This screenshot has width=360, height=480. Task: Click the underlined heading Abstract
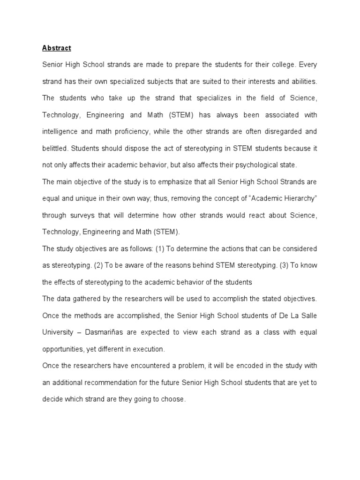(57, 48)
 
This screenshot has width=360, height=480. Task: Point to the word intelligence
(61, 132)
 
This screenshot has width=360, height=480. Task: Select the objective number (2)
(98, 265)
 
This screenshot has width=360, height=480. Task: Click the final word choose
(174, 399)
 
